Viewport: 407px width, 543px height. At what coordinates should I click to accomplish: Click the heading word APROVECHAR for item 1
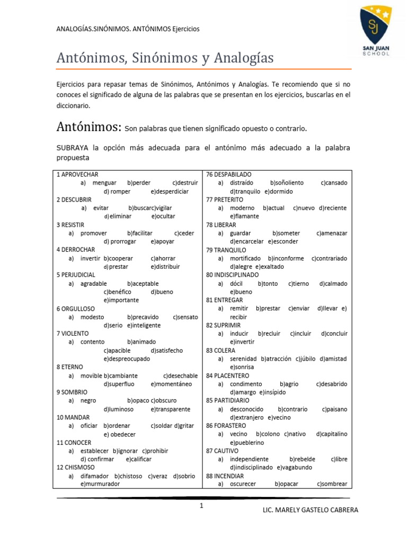point(80,174)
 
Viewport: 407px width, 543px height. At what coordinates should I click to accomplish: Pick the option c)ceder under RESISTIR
point(183,233)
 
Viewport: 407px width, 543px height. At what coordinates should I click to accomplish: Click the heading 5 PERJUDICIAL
point(76,275)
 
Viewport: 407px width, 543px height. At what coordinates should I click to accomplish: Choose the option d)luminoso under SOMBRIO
point(119,409)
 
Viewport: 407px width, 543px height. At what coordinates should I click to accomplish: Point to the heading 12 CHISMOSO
point(76,467)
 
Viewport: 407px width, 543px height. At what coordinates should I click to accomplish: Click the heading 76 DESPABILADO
point(228,174)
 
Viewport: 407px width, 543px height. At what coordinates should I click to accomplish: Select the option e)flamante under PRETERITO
point(244,216)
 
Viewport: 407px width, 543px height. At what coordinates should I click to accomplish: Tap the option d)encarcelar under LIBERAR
point(247,241)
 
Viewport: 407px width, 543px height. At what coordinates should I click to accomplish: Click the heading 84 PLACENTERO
point(227,375)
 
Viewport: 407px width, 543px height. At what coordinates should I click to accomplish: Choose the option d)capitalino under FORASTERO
point(332,434)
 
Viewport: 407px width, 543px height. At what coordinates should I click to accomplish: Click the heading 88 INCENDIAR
point(225,476)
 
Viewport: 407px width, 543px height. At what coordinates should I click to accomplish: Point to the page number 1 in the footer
point(201,506)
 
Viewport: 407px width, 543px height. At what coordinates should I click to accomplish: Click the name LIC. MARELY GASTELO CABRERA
point(310,510)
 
